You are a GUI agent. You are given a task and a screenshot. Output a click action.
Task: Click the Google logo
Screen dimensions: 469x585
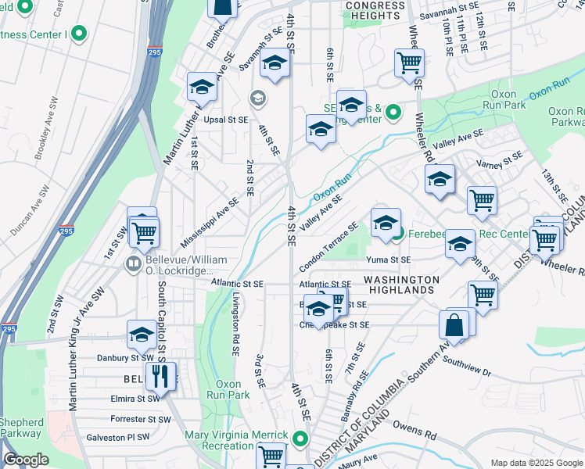click(26, 460)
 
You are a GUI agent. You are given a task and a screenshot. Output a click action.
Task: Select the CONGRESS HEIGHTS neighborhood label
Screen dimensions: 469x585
click(375, 11)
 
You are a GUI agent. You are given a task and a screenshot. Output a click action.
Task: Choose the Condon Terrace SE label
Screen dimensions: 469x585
click(328, 242)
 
